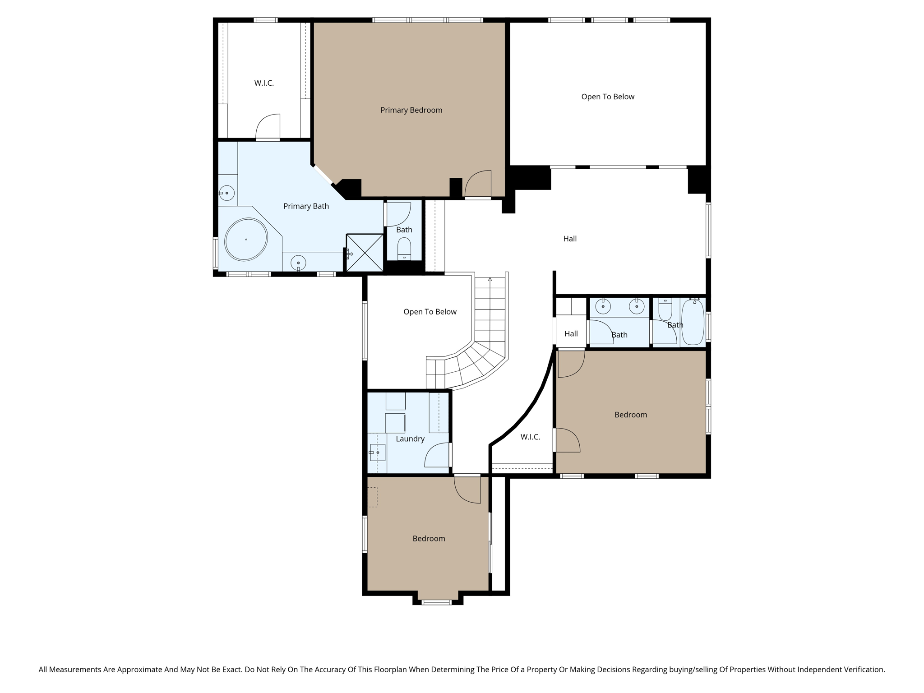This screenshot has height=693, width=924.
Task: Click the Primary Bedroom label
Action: pyautogui.click(x=411, y=110)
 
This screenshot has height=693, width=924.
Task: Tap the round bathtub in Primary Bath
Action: pyautogui.click(x=246, y=240)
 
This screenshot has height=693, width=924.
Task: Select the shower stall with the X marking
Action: pyautogui.click(x=365, y=253)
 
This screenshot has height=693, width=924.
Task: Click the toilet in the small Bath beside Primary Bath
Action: pyautogui.click(x=404, y=248)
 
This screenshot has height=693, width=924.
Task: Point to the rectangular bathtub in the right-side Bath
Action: pyautogui.click(x=693, y=323)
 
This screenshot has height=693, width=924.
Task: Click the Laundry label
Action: pyautogui.click(x=410, y=439)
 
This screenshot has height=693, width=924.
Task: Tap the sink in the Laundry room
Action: pyautogui.click(x=377, y=452)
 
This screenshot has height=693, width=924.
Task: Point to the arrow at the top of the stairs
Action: pyautogui.click(x=490, y=280)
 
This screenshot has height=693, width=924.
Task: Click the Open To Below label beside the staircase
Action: pyautogui.click(x=430, y=312)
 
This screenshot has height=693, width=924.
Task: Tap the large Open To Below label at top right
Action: pyautogui.click(x=607, y=97)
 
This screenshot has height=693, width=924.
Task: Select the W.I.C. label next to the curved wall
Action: pyautogui.click(x=530, y=437)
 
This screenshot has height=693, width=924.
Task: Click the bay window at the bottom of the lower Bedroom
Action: pyautogui.click(x=436, y=602)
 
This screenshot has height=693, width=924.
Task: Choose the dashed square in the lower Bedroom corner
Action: pyautogui.click(x=373, y=497)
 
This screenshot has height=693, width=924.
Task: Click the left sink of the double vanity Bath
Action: pyautogui.click(x=603, y=306)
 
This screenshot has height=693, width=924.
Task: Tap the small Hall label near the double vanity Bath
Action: pyautogui.click(x=571, y=334)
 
